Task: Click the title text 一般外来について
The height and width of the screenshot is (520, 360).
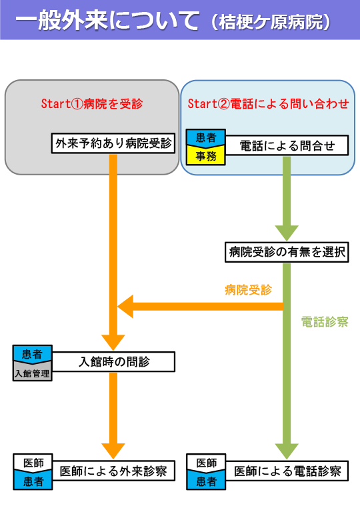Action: pos(107,21)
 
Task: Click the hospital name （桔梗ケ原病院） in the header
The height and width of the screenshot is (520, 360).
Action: pos(271,22)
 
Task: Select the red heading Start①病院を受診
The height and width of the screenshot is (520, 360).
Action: pos(92,104)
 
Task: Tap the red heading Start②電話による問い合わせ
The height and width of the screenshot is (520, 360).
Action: pos(268,104)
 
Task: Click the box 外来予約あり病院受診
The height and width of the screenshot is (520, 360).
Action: pos(113,143)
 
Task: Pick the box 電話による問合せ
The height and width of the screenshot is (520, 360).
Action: pos(287,145)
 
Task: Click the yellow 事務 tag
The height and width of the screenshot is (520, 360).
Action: pos(206,156)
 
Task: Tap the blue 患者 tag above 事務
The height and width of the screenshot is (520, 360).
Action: pos(206,137)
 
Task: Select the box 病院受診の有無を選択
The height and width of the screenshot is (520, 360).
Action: pos(287,252)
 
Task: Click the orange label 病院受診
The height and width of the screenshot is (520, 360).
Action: pos(248,290)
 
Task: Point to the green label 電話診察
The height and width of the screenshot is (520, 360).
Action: pos(325,322)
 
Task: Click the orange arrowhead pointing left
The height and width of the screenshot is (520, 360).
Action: pos(125,306)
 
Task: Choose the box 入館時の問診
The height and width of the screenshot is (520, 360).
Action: pos(113,361)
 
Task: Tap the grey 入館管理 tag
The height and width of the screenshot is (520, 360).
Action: pos(32,373)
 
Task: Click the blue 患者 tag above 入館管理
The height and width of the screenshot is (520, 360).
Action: pos(32,354)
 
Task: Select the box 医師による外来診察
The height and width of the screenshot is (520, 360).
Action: pos(113,471)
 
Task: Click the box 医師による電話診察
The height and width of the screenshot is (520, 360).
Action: pos(287,471)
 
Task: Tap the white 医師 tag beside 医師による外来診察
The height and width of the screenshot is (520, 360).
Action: pos(33,462)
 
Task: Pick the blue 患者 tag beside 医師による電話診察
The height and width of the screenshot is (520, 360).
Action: pos(206,481)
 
